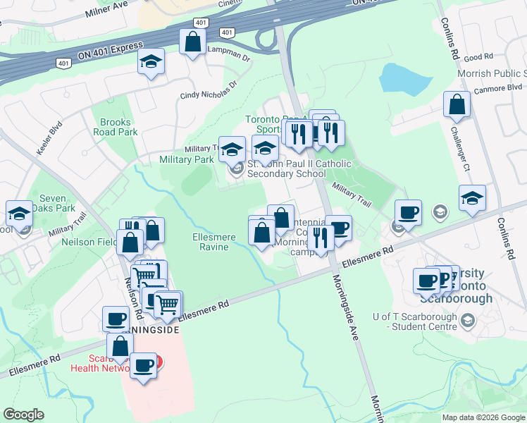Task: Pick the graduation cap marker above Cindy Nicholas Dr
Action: coord(151,61)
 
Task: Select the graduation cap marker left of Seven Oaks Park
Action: coord(19,213)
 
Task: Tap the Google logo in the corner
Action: coord(24,414)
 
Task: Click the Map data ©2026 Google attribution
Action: coord(483,417)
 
